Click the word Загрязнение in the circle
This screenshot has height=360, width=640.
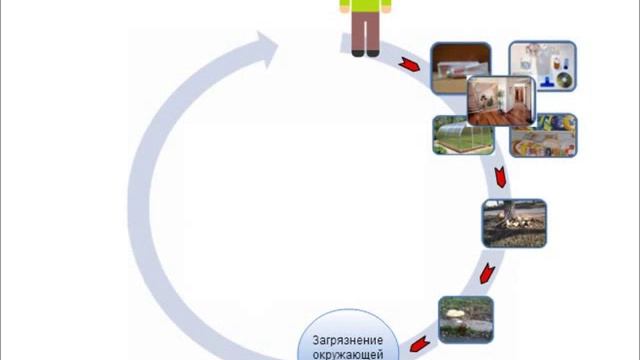tap(349, 337)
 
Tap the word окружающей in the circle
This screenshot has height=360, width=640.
tap(349, 352)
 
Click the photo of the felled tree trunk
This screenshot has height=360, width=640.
tap(514, 223)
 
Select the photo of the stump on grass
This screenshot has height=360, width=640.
tap(466, 319)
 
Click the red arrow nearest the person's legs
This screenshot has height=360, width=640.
tap(409, 65)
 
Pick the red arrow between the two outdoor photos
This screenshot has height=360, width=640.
tap(484, 272)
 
